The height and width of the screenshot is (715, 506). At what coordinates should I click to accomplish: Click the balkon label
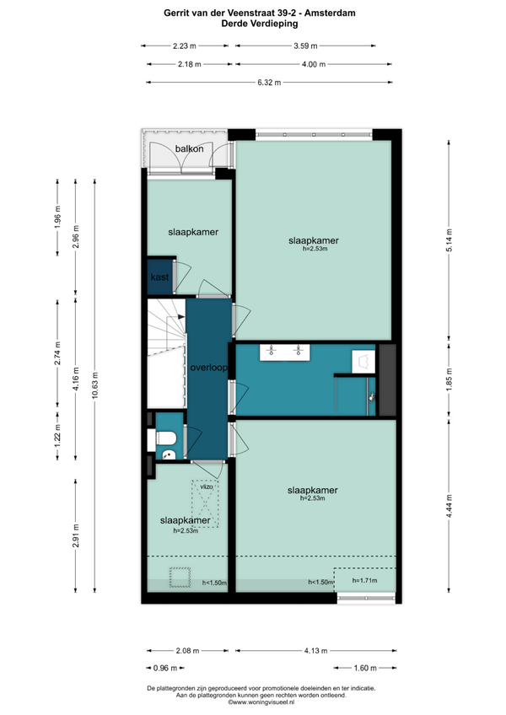click(x=190, y=148)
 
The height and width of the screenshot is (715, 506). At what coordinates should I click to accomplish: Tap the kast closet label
click(x=159, y=277)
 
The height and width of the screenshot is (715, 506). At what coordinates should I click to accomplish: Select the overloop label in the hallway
click(x=208, y=367)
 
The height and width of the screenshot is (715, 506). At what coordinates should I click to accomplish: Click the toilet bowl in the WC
click(x=166, y=438)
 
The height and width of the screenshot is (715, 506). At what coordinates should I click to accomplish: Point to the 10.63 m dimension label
click(x=94, y=385)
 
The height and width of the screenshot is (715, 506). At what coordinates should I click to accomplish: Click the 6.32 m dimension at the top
click(x=269, y=83)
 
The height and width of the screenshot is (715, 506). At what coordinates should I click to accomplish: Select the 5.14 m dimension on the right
click(x=449, y=240)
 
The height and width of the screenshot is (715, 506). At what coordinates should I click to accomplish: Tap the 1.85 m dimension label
click(x=449, y=379)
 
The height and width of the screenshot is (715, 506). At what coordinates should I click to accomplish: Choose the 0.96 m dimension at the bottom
click(x=165, y=668)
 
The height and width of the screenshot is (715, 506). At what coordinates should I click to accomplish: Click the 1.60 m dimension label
click(x=365, y=668)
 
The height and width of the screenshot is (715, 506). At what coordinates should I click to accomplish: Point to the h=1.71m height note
click(x=364, y=580)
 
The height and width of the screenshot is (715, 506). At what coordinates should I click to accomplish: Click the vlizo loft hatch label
click(x=207, y=487)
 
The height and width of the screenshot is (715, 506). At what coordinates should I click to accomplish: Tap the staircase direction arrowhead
click(x=181, y=316)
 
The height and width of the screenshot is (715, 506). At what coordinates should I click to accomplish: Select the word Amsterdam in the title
click(x=330, y=13)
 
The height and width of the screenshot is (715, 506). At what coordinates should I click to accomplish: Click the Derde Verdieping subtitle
click(x=260, y=24)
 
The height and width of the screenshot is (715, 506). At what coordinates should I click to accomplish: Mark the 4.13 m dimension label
click(x=315, y=651)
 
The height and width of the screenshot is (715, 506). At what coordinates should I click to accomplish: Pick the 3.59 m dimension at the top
click(x=305, y=46)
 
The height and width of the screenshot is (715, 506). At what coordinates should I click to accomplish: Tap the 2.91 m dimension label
click(x=76, y=535)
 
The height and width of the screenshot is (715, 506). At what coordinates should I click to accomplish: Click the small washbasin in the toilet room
click(x=169, y=454)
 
